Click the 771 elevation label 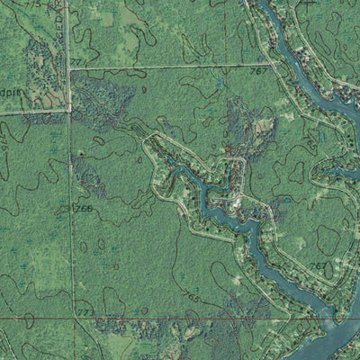point(78,61)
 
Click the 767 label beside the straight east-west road point(258,69)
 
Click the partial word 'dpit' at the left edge point(10,92)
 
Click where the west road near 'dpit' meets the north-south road point(68,111)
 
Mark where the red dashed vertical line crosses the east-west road point(224,65)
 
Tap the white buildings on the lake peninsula point(237,203)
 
